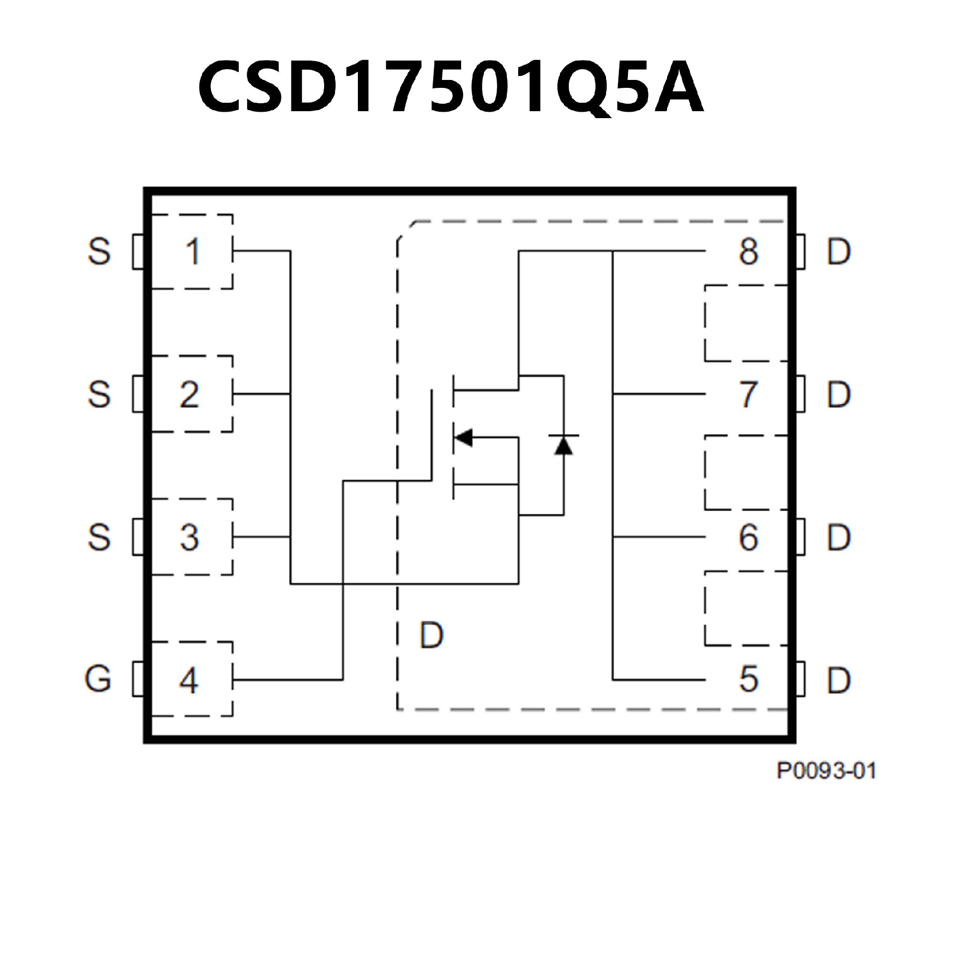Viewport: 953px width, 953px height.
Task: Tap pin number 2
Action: tap(190, 395)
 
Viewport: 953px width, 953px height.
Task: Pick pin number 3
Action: tap(190, 537)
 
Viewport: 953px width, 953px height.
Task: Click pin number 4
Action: tap(189, 680)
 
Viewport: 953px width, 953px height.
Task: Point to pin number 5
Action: tap(749, 679)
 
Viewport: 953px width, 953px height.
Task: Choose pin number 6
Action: tap(749, 537)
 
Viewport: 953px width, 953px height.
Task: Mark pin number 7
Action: tap(749, 395)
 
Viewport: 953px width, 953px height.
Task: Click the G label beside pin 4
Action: tap(98, 679)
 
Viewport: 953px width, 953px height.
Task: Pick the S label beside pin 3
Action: tap(99, 537)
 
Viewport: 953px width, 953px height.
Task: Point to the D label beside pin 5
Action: tap(838, 679)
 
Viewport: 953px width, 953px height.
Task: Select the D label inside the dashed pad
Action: tap(431, 635)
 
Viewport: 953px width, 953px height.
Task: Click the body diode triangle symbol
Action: tap(563, 445)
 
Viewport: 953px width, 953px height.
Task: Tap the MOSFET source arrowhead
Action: tap(463, 437)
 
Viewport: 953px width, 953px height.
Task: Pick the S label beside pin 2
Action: tap(99, 395)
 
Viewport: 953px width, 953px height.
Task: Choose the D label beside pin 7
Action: tap(838, 395)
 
